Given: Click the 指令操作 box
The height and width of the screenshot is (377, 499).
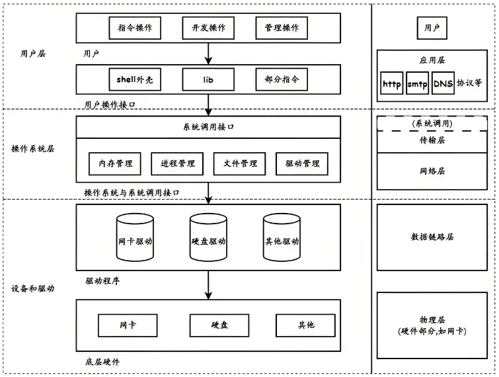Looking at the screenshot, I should point(135,28).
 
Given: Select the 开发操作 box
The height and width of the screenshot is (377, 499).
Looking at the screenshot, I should point(209,28).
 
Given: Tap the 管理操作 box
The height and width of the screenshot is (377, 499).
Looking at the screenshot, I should point(282,28).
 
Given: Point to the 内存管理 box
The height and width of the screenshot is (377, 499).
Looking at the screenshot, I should point(116,163).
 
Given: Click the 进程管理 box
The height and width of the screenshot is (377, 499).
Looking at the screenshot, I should point(178,163).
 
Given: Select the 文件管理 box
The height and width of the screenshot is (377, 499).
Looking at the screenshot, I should point(240,163).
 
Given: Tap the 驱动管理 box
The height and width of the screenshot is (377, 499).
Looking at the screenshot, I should point(302,163).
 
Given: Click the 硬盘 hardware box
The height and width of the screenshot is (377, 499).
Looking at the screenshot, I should point(219,325).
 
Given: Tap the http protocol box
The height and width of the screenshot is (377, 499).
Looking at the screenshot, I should point(392,85).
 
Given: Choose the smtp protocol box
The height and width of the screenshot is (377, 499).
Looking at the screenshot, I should point(417,85).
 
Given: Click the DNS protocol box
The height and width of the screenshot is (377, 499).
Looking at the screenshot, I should point(442,85).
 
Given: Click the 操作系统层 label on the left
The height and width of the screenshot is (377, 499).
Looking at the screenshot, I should point(33,149).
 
